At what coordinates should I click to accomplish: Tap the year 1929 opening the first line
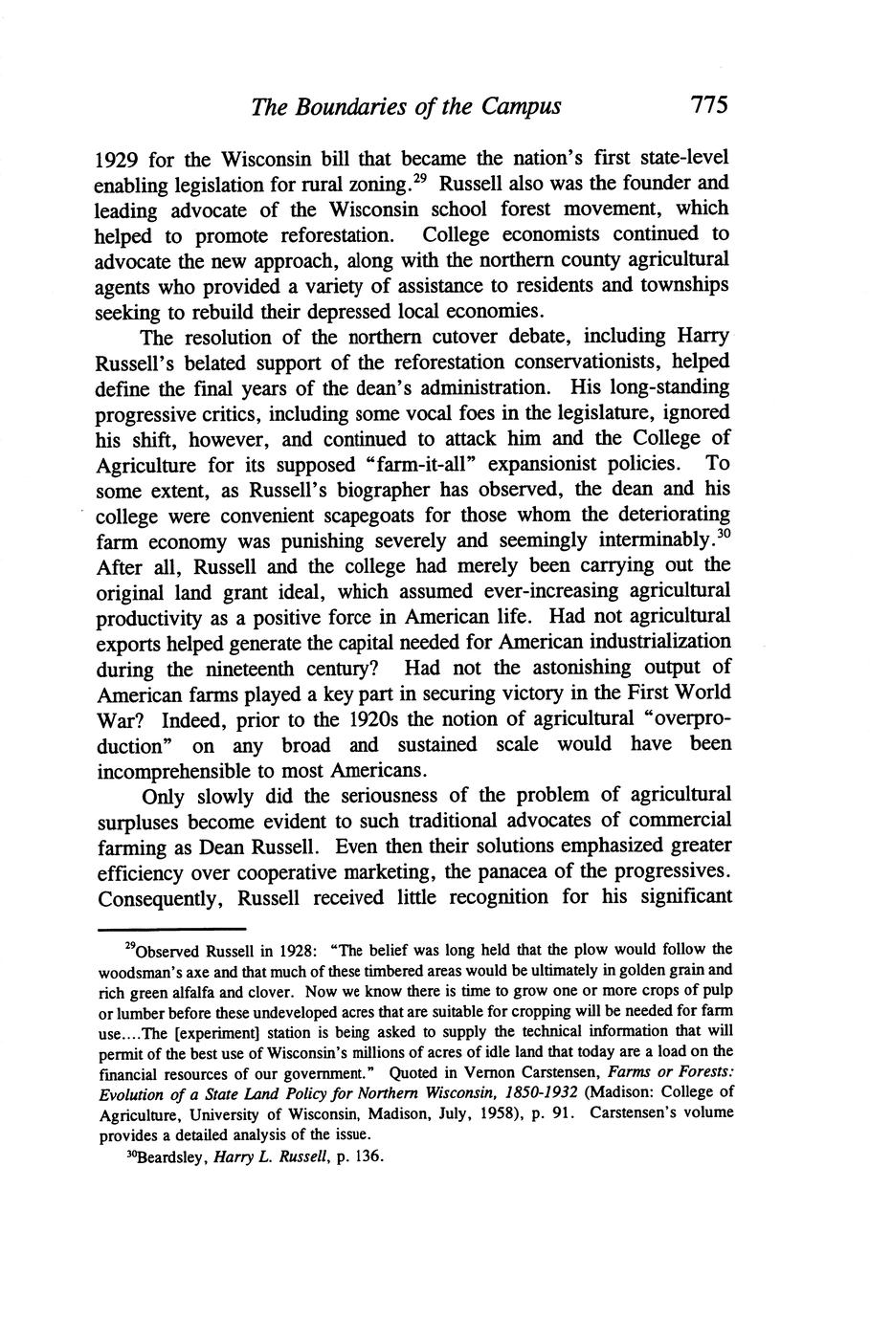(120, 157)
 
